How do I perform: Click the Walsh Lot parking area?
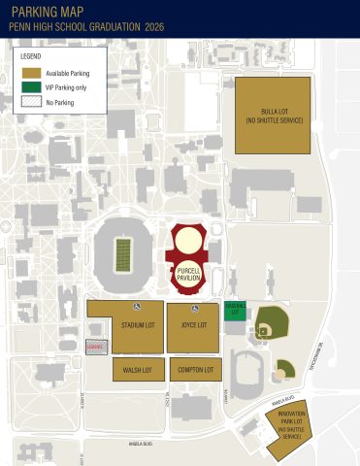[138, 370]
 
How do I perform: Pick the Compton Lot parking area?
[197, 370]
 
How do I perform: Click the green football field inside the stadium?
[123, 254]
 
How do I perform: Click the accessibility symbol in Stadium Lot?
[137, 307]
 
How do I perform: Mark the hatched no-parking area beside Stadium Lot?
[95, 347]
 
